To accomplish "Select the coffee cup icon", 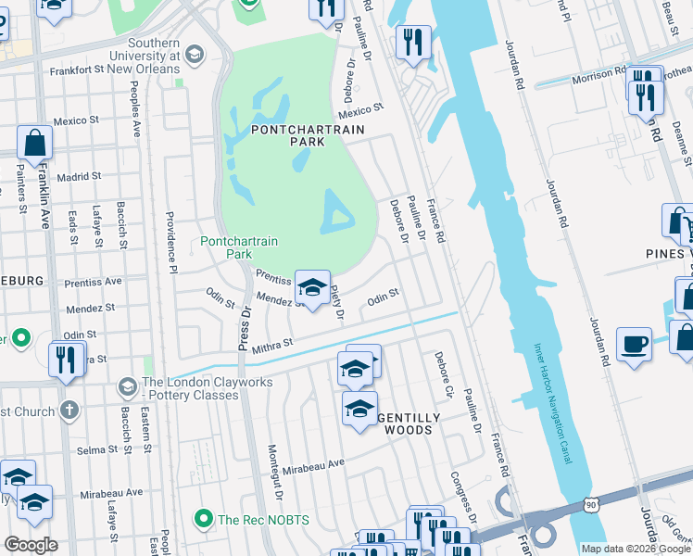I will pos(634,345).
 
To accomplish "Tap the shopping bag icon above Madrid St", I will pos(34,144).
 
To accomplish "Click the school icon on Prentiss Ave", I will pos(313,287).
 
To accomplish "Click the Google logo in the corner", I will pos(31,545).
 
